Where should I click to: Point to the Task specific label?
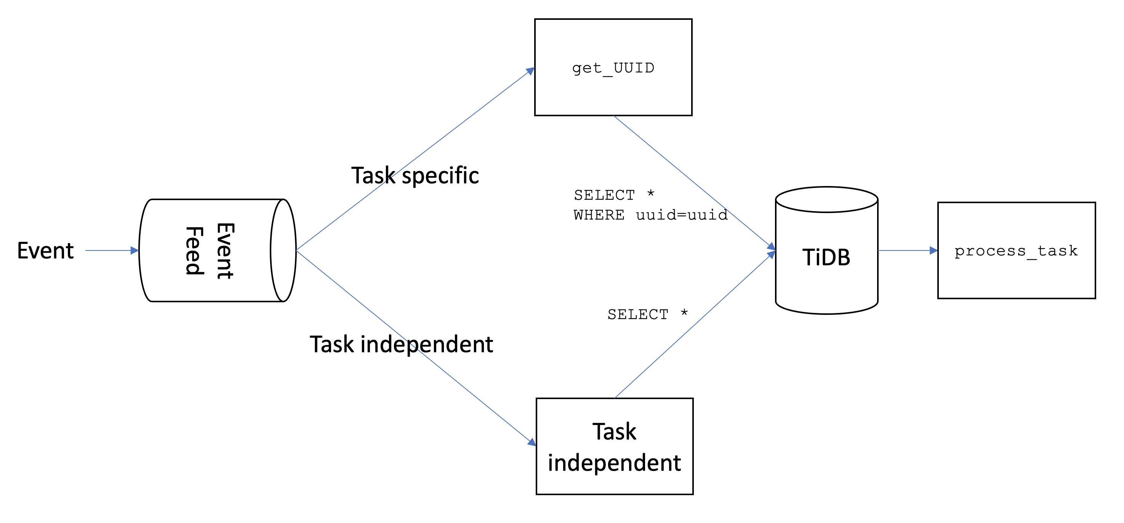tap(415, 175)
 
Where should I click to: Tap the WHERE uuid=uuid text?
tap(650, 215)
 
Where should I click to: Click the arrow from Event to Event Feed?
tap(111, 250)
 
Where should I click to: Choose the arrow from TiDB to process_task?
tap(908, 250)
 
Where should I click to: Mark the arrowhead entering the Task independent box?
tap(532, 442)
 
